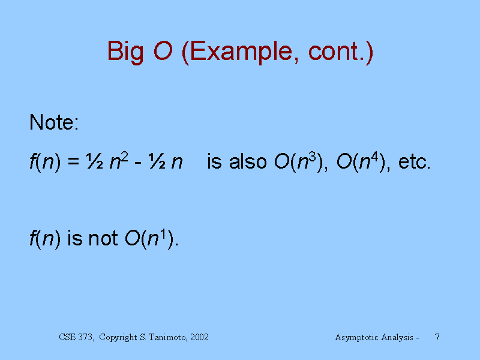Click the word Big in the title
pos(125,52)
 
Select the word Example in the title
pos(241,52)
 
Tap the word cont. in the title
pos(337,52)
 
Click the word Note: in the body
pos(54,122)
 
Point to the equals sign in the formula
pos(73,162)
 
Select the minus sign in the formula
pos(138,163)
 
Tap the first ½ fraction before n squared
pos(95,161)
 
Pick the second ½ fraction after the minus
pos(157,161)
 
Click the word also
pos(248,161)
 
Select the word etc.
pos(414,162)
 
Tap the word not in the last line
pos(103,238)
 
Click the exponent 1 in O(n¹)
pos(163,234)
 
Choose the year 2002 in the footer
pos(199,337)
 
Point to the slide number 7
pos(437,337)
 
